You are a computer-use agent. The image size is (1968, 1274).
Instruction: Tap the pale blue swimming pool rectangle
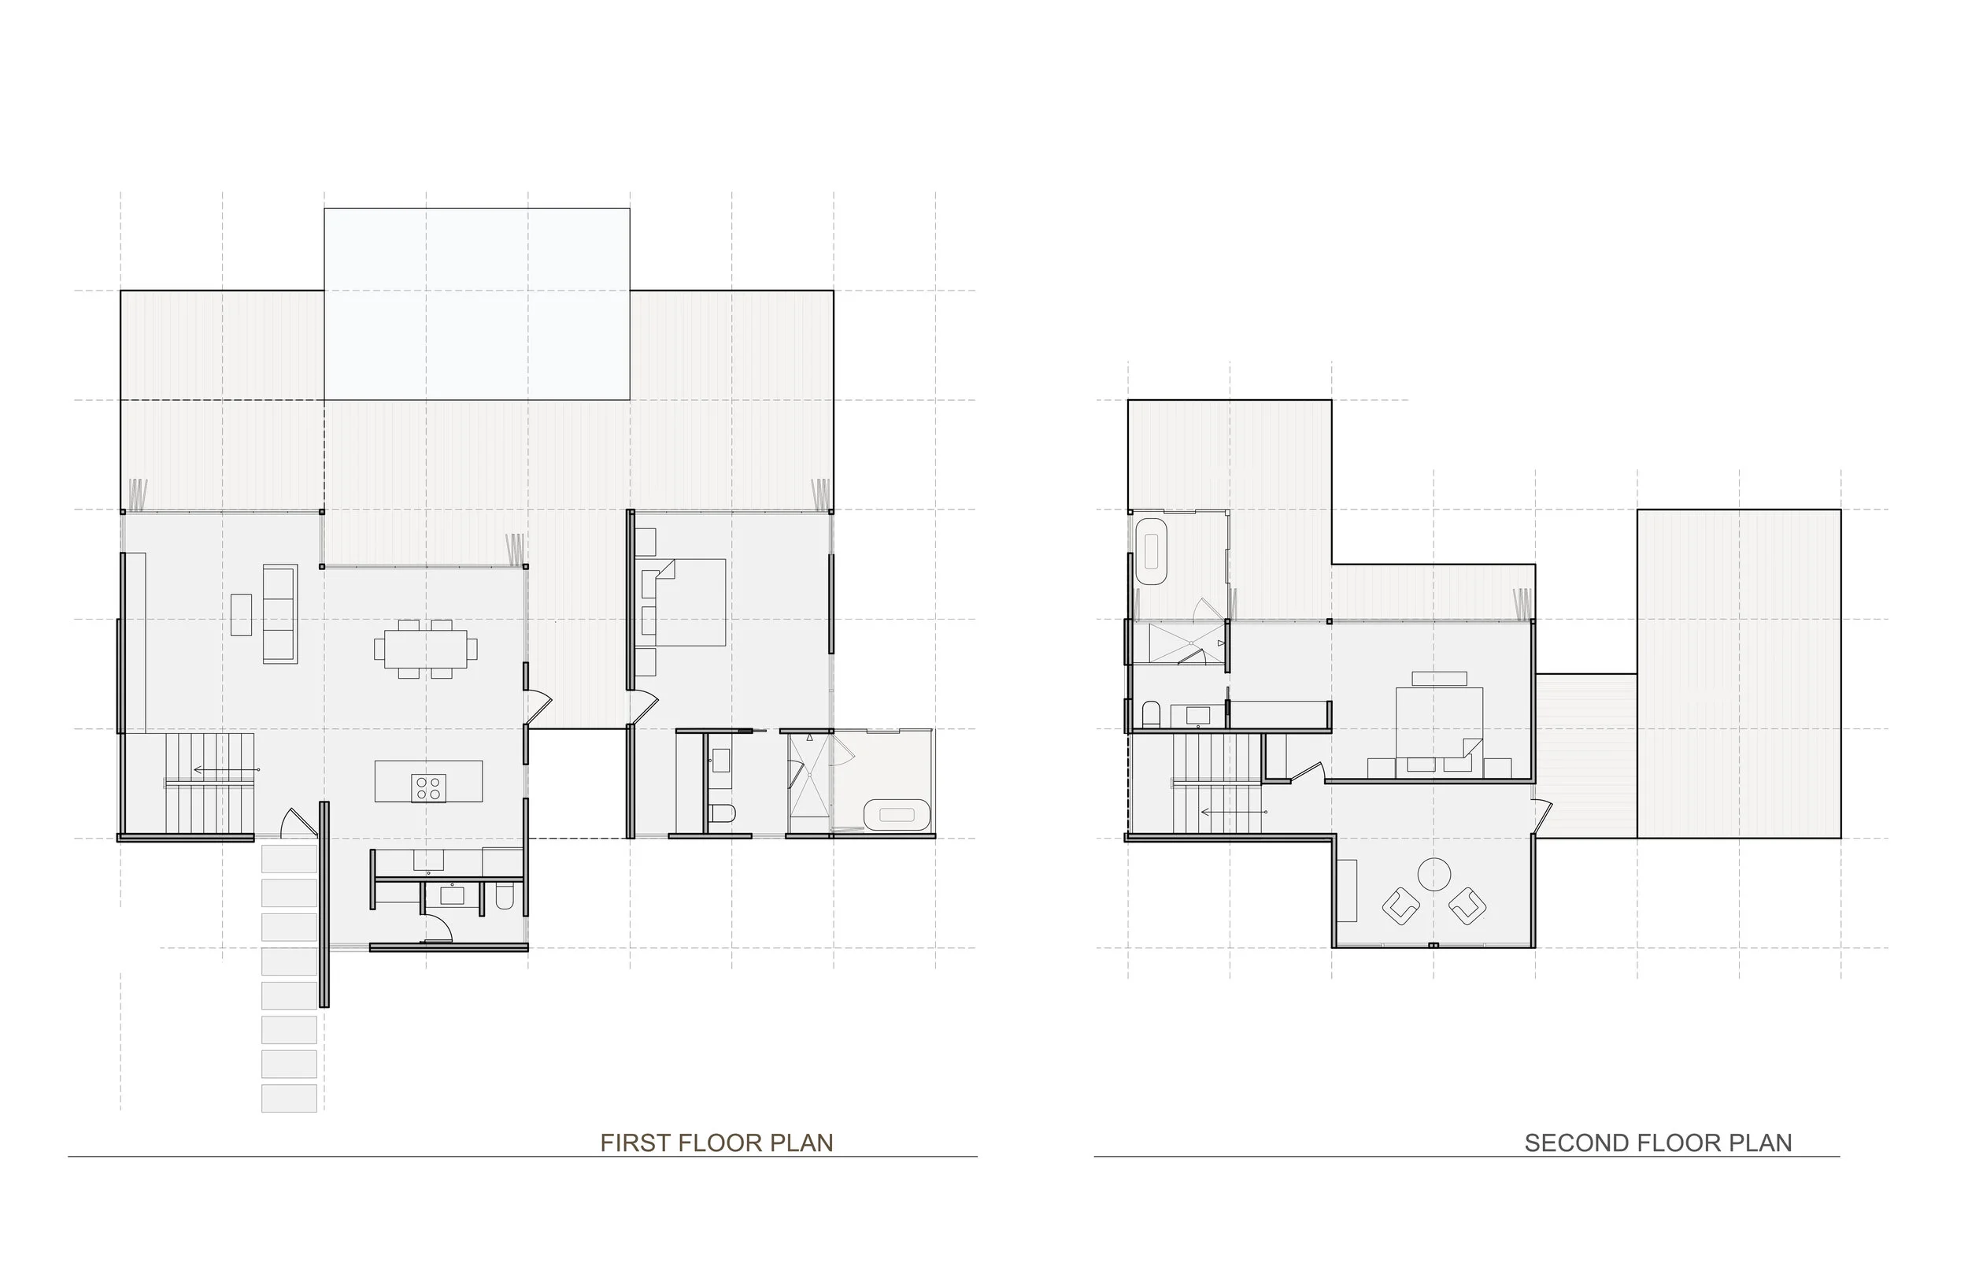pos(476,304)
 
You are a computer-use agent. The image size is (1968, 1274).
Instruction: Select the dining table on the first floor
pos(425,649)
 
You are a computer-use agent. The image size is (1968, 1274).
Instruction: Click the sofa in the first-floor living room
pos(279,613)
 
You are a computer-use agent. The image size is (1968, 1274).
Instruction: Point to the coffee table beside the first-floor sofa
pos(242,615)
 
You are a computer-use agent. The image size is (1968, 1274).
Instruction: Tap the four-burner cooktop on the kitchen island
pos(429,787)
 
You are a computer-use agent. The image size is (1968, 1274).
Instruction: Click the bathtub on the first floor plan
pos(897,815)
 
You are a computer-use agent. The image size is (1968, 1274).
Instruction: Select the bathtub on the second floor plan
pos(1150,553)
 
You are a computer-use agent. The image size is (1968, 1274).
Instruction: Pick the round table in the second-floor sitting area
pos(1433,873)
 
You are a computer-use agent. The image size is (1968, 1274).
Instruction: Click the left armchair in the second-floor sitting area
pos(1400,906)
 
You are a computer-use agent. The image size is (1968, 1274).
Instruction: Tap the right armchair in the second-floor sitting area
pos(1467,906)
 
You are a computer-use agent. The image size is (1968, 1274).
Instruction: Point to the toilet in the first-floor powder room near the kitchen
pos(505,896)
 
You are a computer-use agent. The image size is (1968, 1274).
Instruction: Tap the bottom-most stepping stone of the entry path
pos(289,1098)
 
